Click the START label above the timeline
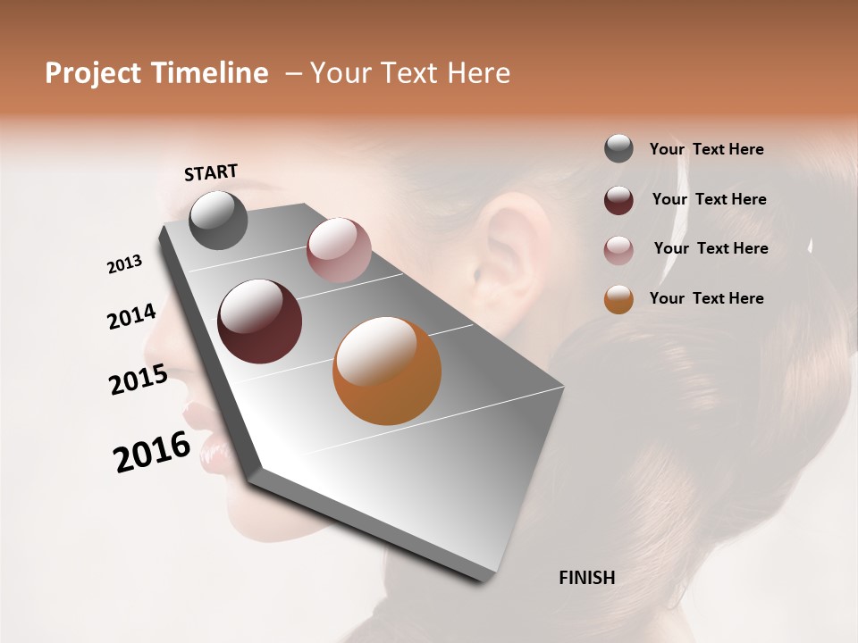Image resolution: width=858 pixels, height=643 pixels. (211, 172)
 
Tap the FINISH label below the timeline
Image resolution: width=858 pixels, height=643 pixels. (586, 578)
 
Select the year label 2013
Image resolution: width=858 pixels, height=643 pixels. (124, 264)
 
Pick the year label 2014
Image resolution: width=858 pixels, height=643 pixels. (131, 317)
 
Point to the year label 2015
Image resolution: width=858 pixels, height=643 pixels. (139, 380)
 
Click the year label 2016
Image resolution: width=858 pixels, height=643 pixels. (152, 452)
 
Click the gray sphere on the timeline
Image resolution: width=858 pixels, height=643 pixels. (218, 220)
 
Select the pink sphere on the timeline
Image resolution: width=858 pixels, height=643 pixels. (339, 249)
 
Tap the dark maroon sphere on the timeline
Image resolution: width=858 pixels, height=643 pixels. (260, 321)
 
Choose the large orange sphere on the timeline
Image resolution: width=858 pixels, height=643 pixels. (387, 371)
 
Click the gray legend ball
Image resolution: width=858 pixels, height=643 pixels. (618, 148)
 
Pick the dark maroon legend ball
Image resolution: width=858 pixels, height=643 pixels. (618, 199)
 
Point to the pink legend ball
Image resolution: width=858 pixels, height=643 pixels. (618, 250)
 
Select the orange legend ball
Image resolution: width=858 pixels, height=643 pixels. (618, 299)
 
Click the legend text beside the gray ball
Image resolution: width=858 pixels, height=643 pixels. (706, 149)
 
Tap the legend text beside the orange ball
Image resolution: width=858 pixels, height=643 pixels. (706, 298)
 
